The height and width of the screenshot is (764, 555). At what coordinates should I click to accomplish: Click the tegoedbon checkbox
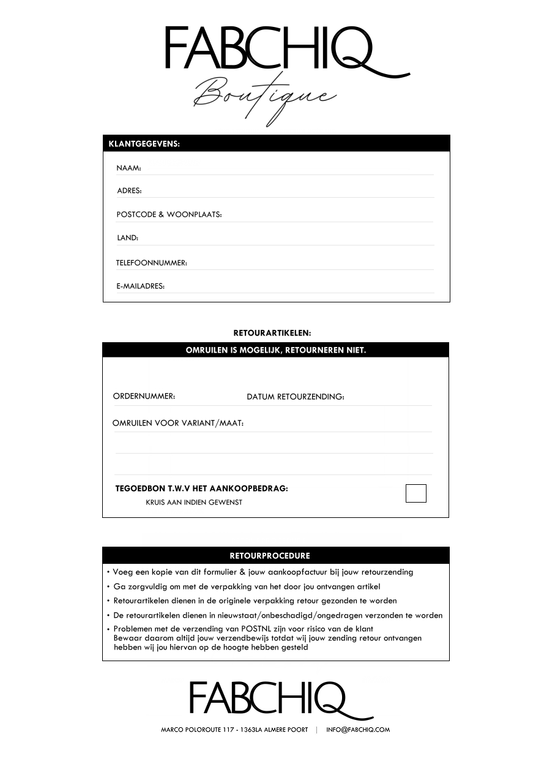pos(416,493)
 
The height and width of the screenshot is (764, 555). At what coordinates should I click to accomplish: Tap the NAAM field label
pos(129,168)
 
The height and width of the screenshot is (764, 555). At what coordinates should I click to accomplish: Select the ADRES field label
pos(129,191)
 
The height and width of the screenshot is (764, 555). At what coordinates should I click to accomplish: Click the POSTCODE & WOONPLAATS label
pos(169,215)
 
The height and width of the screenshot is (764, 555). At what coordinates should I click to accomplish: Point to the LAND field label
pos(127,238)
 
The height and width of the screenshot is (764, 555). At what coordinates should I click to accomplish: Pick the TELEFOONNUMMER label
pos(151,263)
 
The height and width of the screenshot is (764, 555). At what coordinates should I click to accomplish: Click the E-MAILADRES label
pos(140,286)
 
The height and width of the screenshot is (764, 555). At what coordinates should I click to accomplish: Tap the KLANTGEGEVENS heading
pos(144,144)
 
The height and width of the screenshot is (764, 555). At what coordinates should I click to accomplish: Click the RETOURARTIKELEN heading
pos(272,334)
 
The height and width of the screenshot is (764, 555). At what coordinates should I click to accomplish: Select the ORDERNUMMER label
pos(144,397)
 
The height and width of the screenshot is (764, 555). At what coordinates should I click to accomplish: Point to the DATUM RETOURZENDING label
pos(296,397)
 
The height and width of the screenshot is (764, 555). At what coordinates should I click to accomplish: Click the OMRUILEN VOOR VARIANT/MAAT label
pos(178,424)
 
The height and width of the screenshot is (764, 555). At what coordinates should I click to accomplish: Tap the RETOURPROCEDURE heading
pos(270,556)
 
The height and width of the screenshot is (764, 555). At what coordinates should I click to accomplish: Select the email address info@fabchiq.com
pos(358,730)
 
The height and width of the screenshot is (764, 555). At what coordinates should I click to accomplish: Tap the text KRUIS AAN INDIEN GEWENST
pos(194,503)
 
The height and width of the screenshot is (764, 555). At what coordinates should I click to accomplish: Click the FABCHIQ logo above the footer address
pos(272,700)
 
